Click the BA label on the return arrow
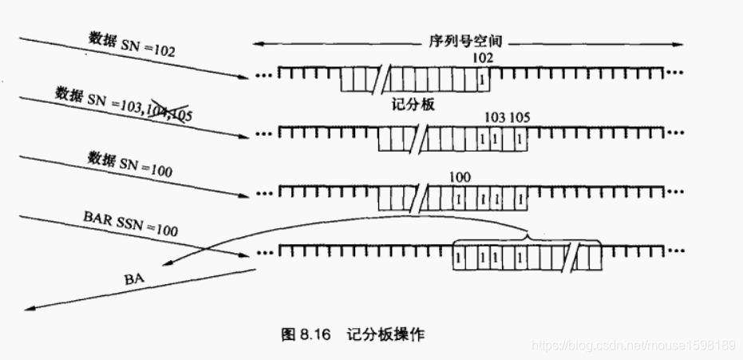pos(136,280)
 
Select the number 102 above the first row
pos(483,58)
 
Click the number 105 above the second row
pos(520,117)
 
